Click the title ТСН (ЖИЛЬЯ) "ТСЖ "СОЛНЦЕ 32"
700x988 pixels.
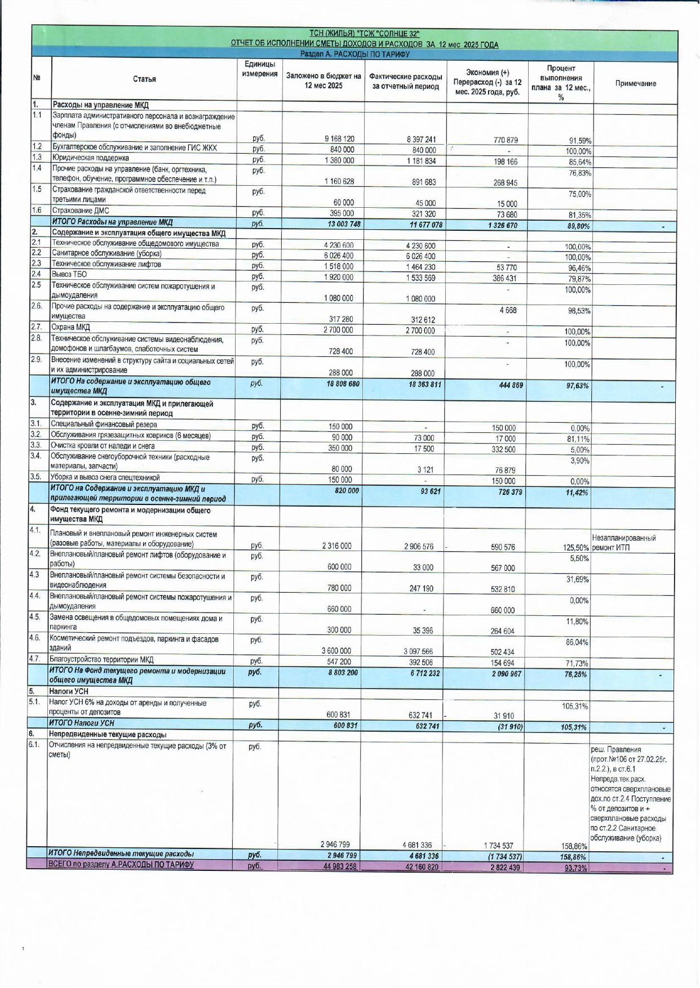(x=364, y=34)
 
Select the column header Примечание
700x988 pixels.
(x=635, y=83)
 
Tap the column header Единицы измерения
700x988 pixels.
(x=260, y=69)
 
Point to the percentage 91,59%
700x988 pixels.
(x=578, y=141)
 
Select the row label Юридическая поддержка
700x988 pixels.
(x=90, y=158)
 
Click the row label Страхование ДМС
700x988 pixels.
(x=81, y=211)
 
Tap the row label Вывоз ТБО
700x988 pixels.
(x=69, y=274)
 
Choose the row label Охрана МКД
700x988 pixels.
(x=70, y=328)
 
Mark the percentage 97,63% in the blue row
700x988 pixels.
(x=577, y=386)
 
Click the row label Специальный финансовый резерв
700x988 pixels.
(x=104, y=424)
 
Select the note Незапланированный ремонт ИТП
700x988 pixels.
(x=623, y=543)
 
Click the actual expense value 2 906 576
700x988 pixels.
(x=418, y=547)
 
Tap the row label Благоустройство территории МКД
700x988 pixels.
(x=101, y=660)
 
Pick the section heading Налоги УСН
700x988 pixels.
(x=68, y=691)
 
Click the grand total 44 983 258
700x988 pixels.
(x=339, y=866)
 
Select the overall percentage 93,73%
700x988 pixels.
(x=575, y=868)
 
